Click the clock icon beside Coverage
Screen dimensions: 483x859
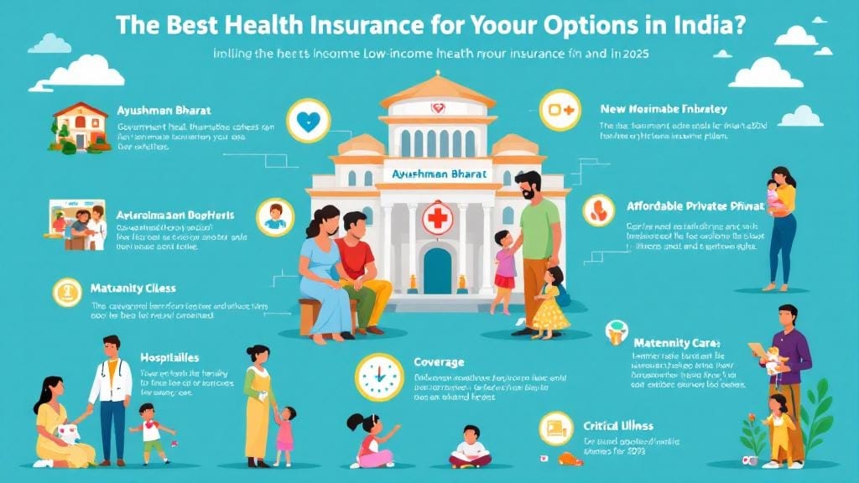coord(378,377)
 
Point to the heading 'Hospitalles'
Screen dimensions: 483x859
coord(171,357)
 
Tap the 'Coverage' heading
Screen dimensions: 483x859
coord(439,362)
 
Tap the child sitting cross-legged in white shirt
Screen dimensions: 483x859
coord(470,446)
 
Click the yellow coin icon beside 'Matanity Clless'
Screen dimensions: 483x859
coord(65,292)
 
